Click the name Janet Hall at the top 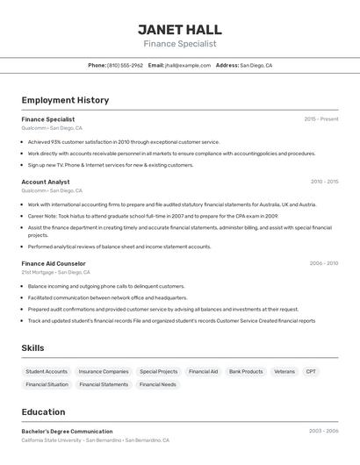[180, 29]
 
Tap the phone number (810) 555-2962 [125, 65]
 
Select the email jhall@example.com [188, 65]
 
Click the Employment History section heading [65, 100]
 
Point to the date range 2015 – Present [321, 119]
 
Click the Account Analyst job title [46, 182]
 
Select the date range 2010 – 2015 [324, 182]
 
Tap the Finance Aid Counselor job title [54, 263]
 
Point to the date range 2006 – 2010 [324, 263]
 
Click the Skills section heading [32, 348]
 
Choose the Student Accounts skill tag [47, 371]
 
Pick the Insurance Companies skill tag [104, 371]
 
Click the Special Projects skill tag [159, 371]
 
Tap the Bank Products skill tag [246, 371]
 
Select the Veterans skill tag [284, 371]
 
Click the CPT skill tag [311, 371]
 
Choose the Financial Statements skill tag [104, 384]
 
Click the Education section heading [43, 411]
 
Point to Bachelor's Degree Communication [67, 432]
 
